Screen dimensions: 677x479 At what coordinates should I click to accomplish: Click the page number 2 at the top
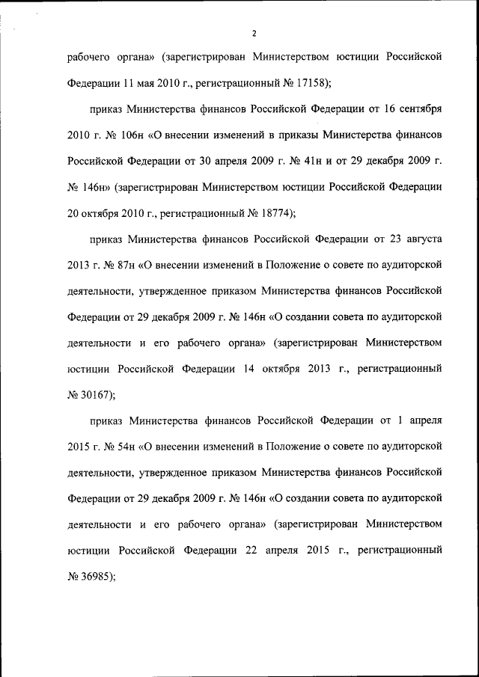pos(254,34)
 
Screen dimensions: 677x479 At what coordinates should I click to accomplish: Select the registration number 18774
pos(270,212)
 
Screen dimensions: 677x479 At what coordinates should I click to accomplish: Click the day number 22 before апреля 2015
pos(253,551)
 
